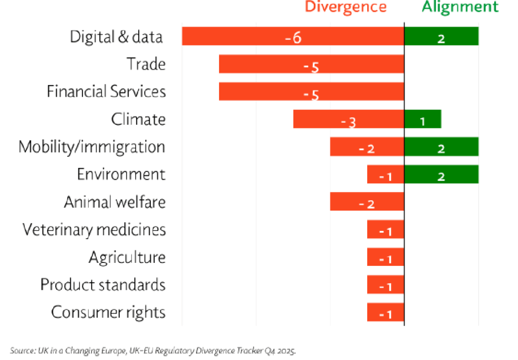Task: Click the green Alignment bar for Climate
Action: (x=422, y=119)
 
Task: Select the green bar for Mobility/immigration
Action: (x=441, y=147)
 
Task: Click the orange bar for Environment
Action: (x=385, y=174)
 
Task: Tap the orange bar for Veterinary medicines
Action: (x=385, y=230)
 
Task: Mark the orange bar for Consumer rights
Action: (x=385, y=312)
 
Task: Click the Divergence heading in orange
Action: (x=345, y=7)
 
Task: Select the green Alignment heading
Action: (x=460, y=7)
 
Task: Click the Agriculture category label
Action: (x=127, y=257)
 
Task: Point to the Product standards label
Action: (x=103, y=285)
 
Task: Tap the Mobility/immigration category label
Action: (x=92, y=147)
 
